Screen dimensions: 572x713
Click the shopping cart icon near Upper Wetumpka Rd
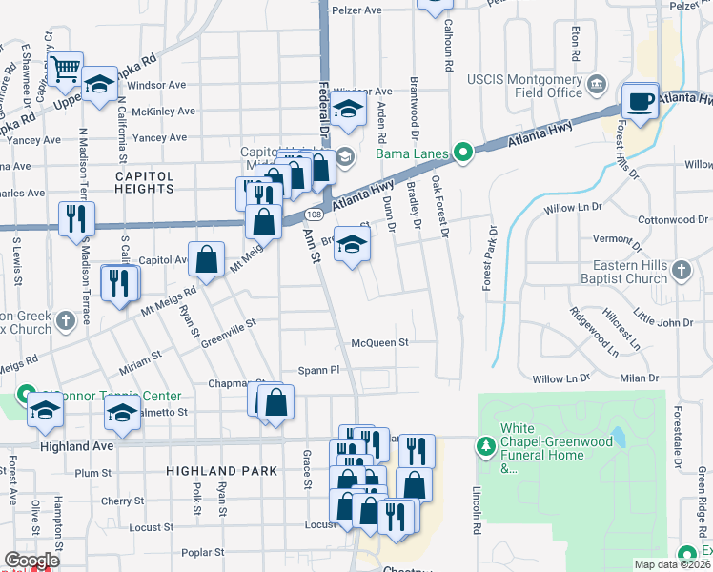click(x=67, y=69)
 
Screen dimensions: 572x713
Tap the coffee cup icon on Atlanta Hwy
click(x=639, y=99)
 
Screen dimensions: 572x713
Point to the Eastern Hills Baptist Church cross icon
click(x=681, y=271)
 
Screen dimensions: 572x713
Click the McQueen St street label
click(x=379, y=341)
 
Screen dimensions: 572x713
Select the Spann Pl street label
click(x=318, y=370)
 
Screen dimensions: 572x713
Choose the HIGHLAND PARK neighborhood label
click(x=221, y=471)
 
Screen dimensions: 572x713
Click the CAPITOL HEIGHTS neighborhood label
click(x=145, y=182)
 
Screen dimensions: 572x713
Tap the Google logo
click(x=31, y=560)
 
